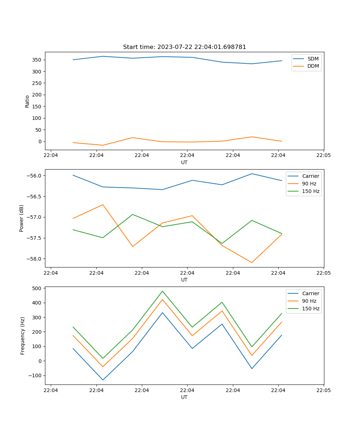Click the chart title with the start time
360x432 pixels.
[184, 47]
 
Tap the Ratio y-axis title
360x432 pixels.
[27, 102]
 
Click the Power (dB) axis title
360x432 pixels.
[22, 218]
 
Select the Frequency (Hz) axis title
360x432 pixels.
[23, 336]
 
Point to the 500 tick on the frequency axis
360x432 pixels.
[37, 288]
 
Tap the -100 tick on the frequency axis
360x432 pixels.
[36, 375]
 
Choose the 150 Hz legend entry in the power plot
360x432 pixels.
[311, 192]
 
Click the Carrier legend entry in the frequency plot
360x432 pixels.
[310, 293]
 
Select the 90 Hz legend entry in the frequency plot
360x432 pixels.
[309, 301]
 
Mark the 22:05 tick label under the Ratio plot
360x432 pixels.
[324, 156]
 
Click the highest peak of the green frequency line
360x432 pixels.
[162, 291]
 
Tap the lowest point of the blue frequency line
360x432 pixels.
[103, 380]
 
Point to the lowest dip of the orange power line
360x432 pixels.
[252, 262]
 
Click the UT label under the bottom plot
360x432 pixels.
[184, 397]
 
